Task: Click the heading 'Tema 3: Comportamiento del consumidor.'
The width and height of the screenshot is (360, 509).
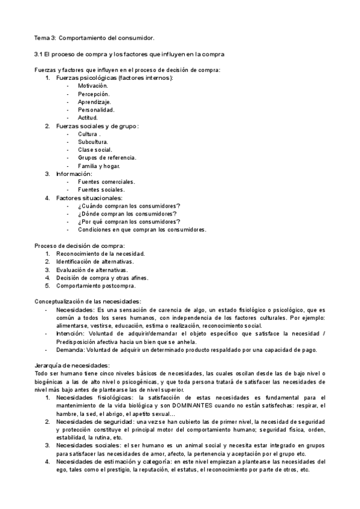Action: (x=94, y=38)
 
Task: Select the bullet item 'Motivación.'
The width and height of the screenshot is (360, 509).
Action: (x=93, y=86)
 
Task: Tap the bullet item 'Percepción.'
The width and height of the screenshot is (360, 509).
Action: (x=94, y=94)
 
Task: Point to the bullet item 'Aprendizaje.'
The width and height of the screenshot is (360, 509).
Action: (x=94, y=101)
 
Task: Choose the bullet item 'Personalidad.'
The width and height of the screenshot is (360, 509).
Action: (x=96, y=109)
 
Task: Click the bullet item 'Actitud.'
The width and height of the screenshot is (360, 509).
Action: (x=88, y=117)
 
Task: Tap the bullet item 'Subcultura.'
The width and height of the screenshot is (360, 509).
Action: (x=93, y=141)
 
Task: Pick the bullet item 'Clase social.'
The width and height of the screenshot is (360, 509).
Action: (x=95, y=149)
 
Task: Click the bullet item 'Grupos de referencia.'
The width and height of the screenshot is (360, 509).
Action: (x=107, y=157)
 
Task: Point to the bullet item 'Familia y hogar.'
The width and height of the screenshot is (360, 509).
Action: (x=99, y=165)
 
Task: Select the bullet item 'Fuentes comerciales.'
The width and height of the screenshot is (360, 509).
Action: (x=106, y=181)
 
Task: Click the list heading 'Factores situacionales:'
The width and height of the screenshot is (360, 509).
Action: (x=89, y=197)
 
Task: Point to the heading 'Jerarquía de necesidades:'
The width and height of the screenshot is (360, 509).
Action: (x=72, y=365)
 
